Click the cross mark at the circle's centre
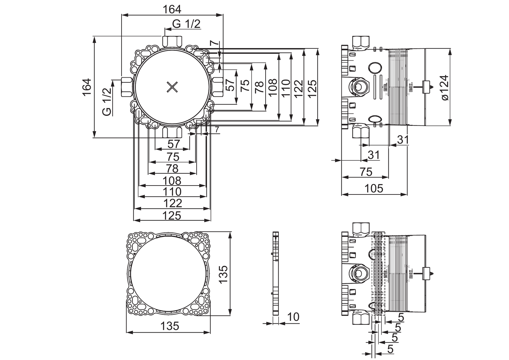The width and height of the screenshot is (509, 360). click(x=172, y=87)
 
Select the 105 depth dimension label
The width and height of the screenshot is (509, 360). click(x=374, y=188)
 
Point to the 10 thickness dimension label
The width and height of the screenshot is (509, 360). click(x=293, y=317)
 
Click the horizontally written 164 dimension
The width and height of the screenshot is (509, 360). click(x=172, y=10)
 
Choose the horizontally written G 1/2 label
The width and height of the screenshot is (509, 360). click(x=186, y=24)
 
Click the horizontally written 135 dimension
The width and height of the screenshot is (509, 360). click(x=169, y=326)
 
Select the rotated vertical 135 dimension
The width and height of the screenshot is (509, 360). click(x=223, y=274)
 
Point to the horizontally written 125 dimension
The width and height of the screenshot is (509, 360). click(x=172, y=215)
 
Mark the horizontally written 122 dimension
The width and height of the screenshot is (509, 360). click(x=172, y=203)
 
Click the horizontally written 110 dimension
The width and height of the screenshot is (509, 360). click(x=172, y=192)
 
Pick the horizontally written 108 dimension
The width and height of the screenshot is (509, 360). click(x=172, y=180)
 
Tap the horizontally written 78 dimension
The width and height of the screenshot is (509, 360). click(x=172, y=168)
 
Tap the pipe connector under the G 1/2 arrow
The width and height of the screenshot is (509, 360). click(x=172, y=41)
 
